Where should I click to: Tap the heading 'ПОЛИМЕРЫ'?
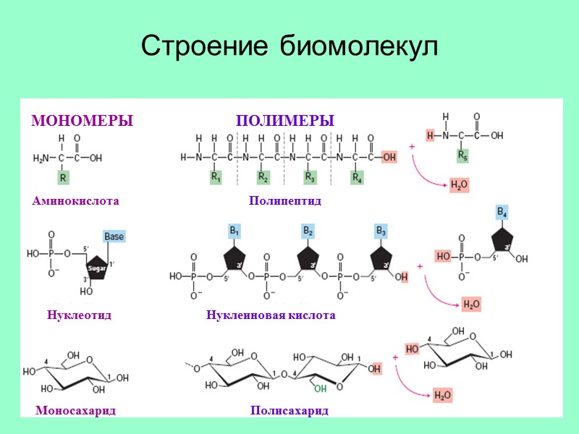(285, 120)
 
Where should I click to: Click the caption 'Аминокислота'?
(75, 200)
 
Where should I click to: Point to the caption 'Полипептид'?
(284, 200)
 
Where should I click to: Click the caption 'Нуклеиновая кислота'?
(271, 315)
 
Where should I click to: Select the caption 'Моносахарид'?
(75, 410)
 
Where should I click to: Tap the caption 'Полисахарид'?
(289, 410)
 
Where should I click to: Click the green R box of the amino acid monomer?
(63, 176)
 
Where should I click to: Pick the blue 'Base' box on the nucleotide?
(114, 236)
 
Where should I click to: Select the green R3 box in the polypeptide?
(310, 176)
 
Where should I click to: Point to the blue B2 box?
(308, 231)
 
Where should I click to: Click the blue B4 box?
(502, 211)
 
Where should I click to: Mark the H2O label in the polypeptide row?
(459, 186)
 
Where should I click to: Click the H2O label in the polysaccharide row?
(442, 395)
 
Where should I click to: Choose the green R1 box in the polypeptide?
(216, 176)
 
